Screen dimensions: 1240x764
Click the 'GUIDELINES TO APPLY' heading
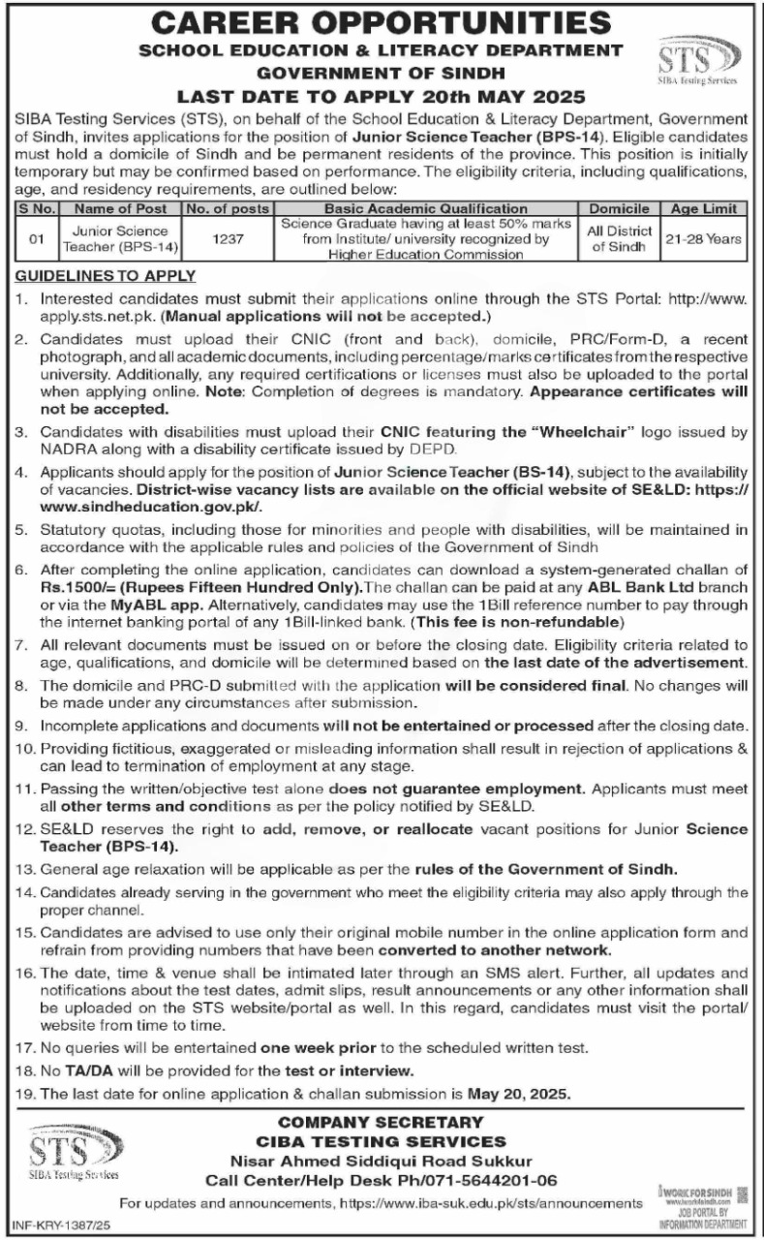pyautogui.click(x=106, y=276)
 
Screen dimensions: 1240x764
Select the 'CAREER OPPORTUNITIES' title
pyautogui.click(x=382, y=21)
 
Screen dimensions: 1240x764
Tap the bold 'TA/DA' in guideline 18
pyautogui.click(x=82, y=1070)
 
